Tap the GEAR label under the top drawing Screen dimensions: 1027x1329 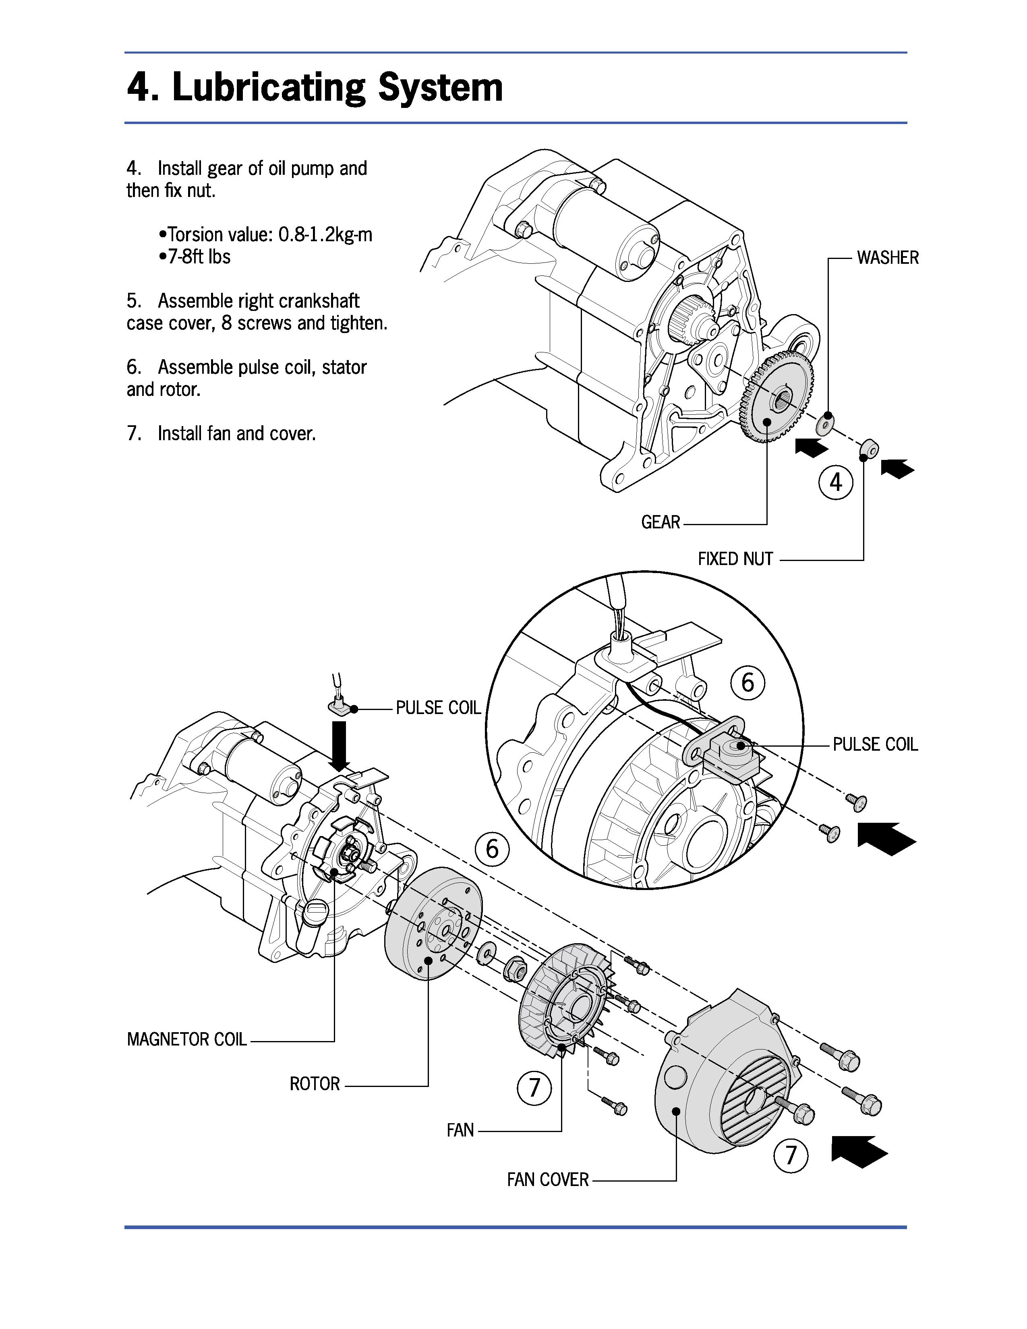point(661,522)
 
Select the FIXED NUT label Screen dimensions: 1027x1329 point(735,559)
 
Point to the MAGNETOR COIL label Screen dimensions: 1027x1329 point(187,1039)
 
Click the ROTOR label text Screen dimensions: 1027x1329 point(315,1084)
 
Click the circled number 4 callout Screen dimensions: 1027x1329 point(836,482)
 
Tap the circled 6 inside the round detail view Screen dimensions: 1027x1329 point(748,682)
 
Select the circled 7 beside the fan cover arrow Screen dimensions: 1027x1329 point(790,1155)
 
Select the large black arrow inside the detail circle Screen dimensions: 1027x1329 point(886,838)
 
